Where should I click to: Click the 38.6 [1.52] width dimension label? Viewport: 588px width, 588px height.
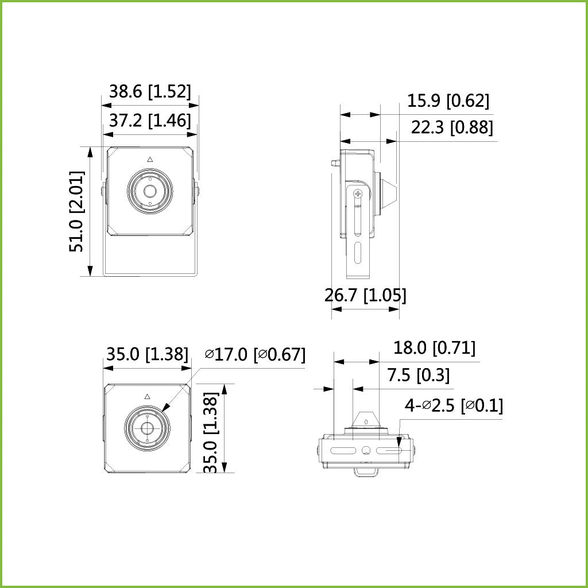click(x=150, y=92)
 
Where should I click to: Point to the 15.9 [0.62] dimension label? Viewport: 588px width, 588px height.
click(x=448, y=101)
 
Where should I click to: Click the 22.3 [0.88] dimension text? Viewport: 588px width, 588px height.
click(x=451, y=127)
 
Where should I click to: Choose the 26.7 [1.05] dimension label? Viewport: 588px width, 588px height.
click(x=365, y=295)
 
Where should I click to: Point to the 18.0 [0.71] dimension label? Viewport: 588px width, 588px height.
click(x=434, y=348)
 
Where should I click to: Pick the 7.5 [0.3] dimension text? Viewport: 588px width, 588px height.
click(x=418, y=376)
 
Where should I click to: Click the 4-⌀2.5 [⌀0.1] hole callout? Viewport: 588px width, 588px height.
click(x=454, y=406)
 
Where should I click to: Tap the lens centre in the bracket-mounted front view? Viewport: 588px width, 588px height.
click(x=150, y=191)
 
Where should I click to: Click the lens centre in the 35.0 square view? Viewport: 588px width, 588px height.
click(x=148, y=428)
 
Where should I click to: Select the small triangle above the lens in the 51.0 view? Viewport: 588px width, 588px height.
click(x=150, y=160)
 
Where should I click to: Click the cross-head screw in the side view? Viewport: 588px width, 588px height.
click(x=359, y=194)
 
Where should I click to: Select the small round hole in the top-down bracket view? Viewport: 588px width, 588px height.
click(x=365, y=450)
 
